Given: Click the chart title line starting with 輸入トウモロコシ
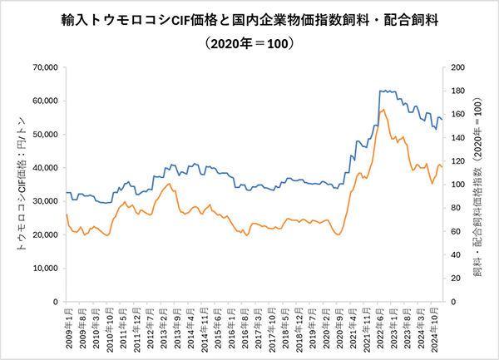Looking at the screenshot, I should click(x=249, y=17).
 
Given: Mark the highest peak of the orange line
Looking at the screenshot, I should click(x=383, y=109).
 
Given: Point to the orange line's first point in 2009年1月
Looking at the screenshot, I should click(x=66, y=215).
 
